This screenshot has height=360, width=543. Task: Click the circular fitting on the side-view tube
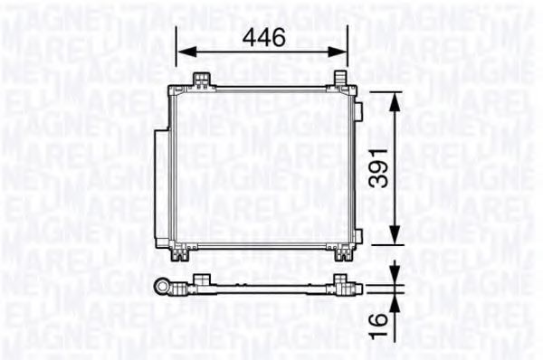coord(165,288)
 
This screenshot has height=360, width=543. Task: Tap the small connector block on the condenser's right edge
coord(358,112)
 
